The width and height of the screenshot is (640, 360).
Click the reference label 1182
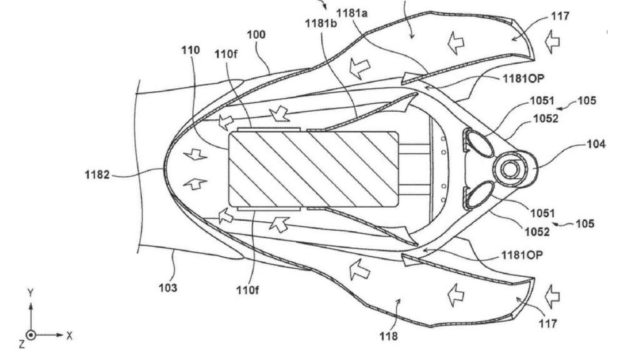pyautogui.click(x=97, y=175)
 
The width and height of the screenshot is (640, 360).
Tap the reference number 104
pyautogui.click(x=596, y=144)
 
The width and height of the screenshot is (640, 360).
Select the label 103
pyautogui.click(x=167, y=287)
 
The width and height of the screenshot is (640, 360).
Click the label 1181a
pyautogui.click(x=352, y=14)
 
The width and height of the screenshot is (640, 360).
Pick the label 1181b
pyautogui.click(x=321, y=23)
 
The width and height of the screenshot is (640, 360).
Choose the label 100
pyautogui.click(x=256, y=34)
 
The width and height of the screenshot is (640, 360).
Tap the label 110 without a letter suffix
pyautogui.click(x=191, y=50)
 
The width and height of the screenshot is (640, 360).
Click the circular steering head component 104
pyautogui.click(x=515, y=169)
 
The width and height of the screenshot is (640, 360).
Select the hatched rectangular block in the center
pyautogui.click(x=314, y=169)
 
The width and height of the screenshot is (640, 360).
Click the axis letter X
pyautogui.click(x=69, y=336)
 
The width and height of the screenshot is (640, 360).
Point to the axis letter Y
pyautogui.click(x=30, y=292)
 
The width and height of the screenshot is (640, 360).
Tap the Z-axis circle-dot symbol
pyautogui.click(x=31, y=335)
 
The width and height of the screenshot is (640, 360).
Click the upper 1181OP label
pyautogui.click(x=523, y=78)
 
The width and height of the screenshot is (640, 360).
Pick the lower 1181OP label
pyautogui.click(x=522, y=255)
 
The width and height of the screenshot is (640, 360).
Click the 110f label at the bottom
pyautogui.click(x=247, y=290)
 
